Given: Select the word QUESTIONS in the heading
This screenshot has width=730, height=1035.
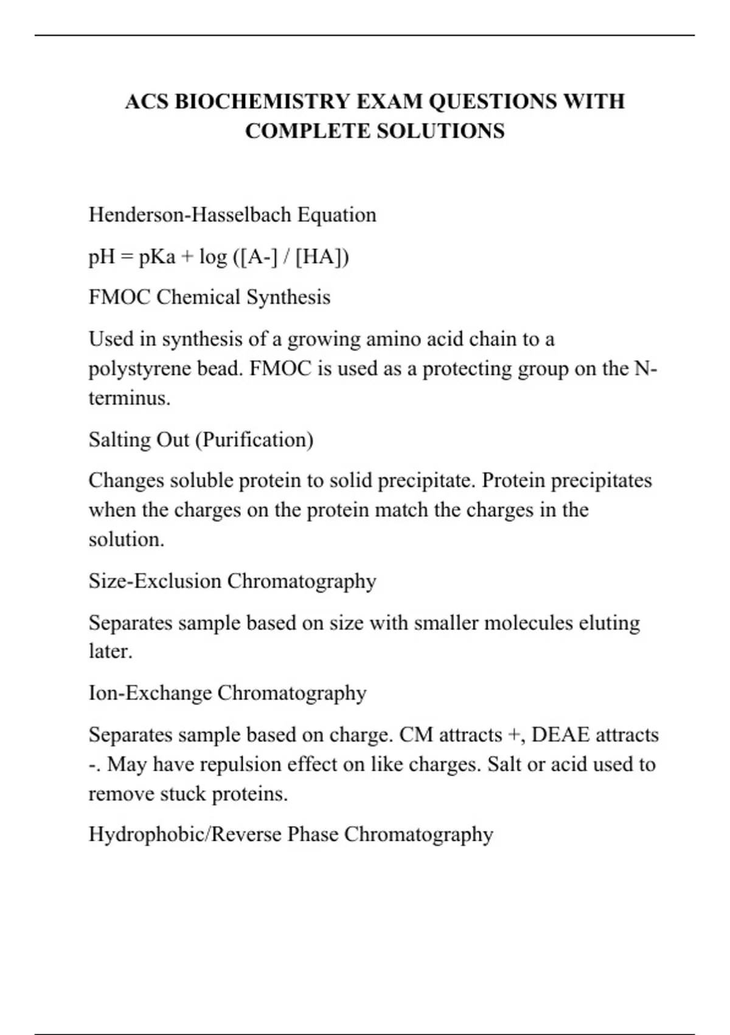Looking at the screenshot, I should tap(492, 101).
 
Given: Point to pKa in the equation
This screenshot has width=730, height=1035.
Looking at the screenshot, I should tap(157, 257).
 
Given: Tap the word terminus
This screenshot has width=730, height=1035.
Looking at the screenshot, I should tap(128, 398).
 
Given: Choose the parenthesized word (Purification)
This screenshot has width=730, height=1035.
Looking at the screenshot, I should tap(254, 440).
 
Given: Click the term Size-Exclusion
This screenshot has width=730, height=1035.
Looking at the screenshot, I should tap(155, 581).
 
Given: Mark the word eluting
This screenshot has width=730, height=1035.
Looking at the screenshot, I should tap(609, 623).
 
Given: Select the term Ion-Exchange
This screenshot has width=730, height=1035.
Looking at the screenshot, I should tap(150, 693).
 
